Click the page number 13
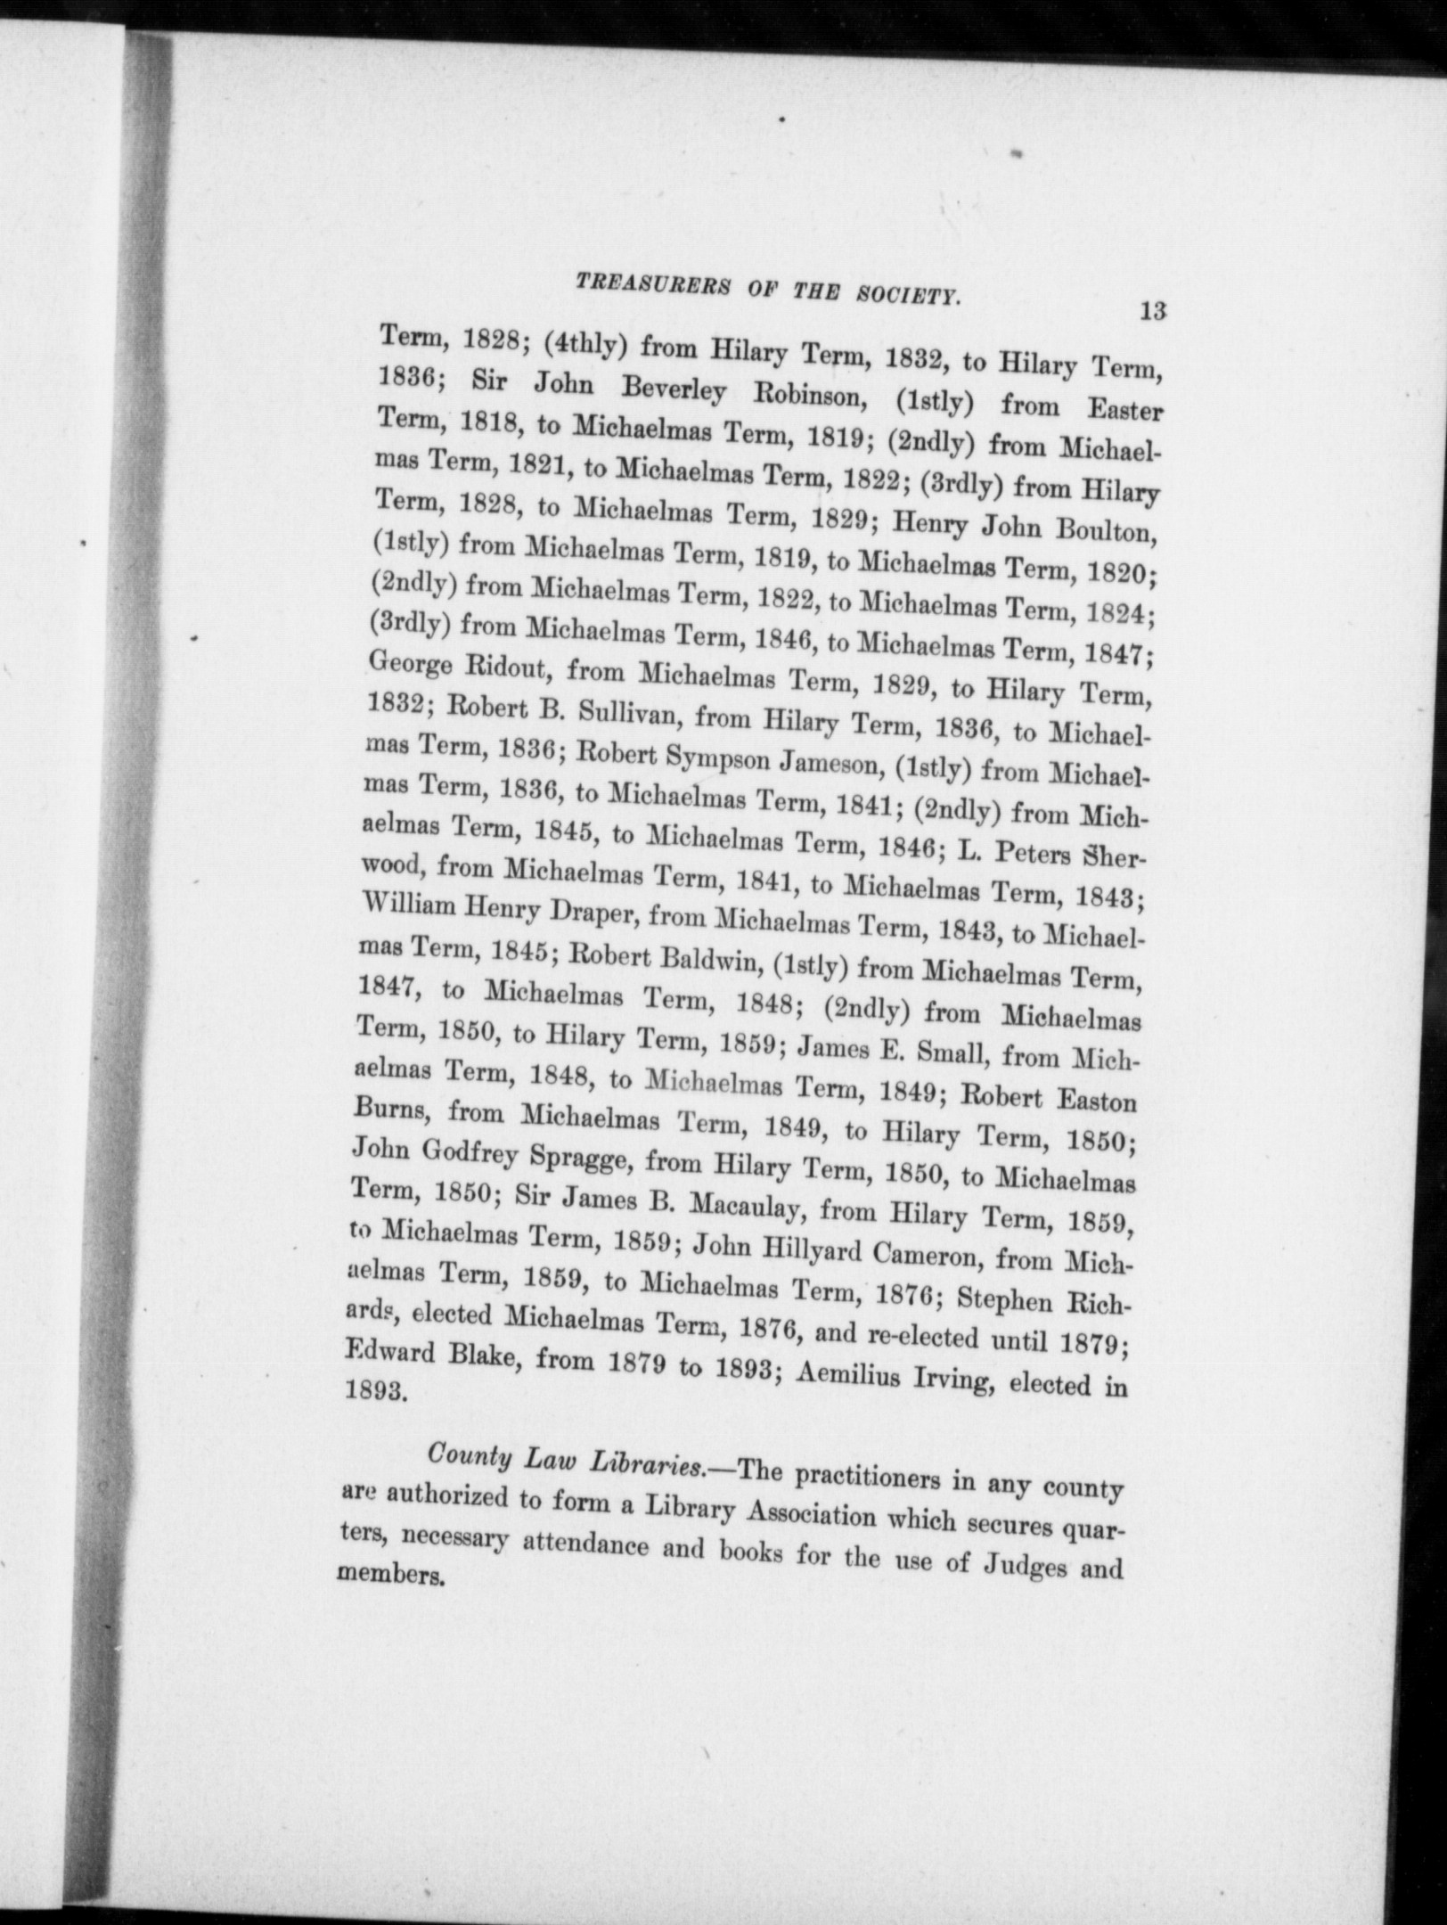1151,311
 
